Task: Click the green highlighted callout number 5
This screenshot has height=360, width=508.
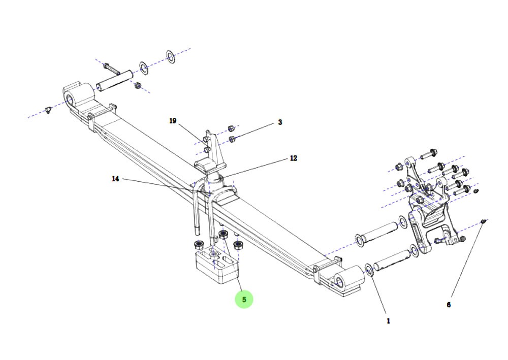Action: tap(244, 299)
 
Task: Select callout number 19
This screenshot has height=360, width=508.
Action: tap(173, 121)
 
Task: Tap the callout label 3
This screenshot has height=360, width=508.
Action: tap(280, 122)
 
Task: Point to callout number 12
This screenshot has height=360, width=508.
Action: tap(294, 158)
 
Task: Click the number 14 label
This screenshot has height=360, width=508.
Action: tap(115, 179)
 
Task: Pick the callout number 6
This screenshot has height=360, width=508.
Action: tap(449, 305)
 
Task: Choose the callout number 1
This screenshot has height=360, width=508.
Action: tap(389, 321)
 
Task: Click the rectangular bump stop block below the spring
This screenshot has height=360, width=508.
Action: tap(217, 265)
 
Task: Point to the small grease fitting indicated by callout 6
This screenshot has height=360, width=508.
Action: tap(484, 221)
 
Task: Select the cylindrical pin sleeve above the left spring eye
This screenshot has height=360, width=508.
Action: tap(114, 80)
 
